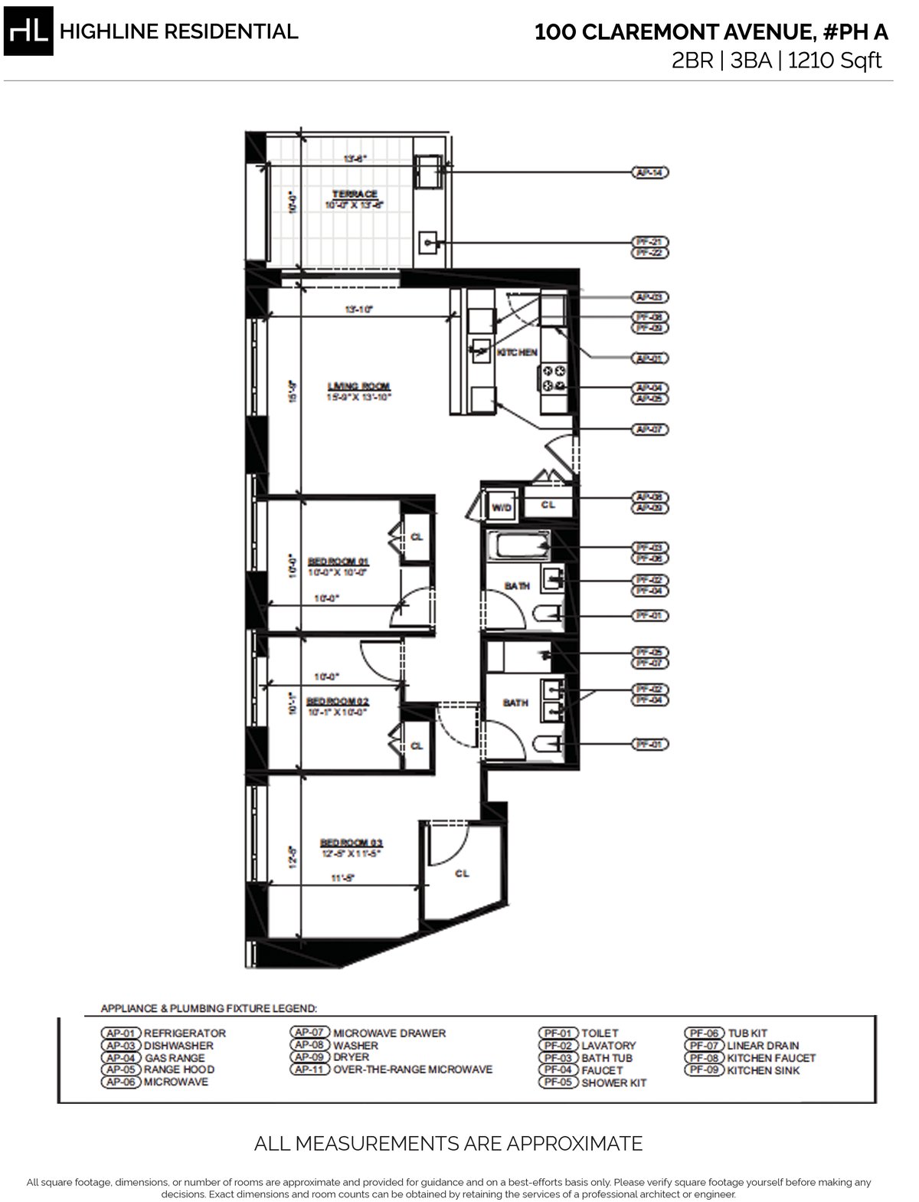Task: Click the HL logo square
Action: click(28, 31)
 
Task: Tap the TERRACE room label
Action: click(354, 194)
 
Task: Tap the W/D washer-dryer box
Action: click(501, 507)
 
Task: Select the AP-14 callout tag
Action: click(650, 173)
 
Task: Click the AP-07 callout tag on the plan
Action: click(650, 429)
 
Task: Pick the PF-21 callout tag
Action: click(650, 241)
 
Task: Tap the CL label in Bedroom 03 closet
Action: click(461, 873)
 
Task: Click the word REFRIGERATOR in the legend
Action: click(185, 1033)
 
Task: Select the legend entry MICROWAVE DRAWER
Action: click(389, 1033)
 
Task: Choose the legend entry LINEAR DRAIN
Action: click(763, 1045)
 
